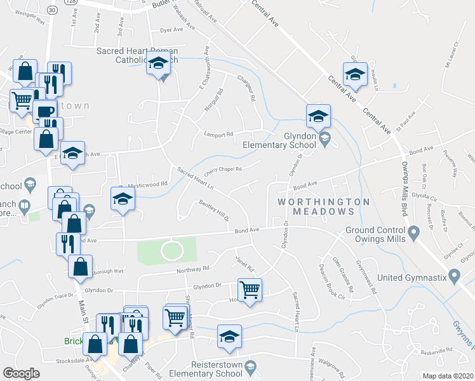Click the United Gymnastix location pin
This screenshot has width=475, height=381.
453,277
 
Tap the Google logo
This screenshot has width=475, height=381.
21,373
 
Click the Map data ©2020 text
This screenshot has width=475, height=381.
448,376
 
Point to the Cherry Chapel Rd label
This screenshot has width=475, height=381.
223,170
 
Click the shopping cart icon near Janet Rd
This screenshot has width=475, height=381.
250,289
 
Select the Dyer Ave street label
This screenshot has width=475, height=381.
171,30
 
